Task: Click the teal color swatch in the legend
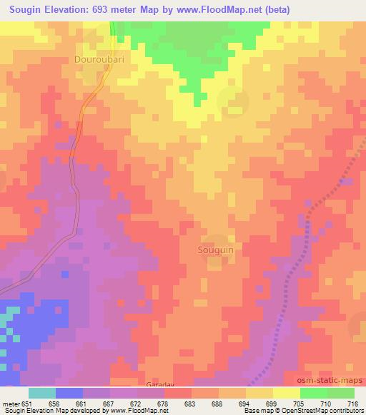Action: pos(42,393)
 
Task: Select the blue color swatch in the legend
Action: pos(69,393)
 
